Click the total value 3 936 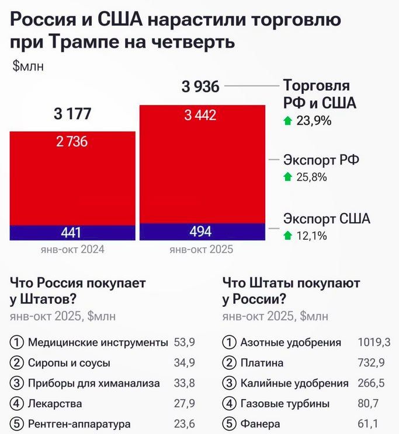(200, 87)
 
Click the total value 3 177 (72, 114)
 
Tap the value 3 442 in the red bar (200, 116)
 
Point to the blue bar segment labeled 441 (72, 233)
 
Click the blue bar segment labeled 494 (200, 232)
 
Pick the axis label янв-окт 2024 (72, 250)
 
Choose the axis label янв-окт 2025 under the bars (200, 250)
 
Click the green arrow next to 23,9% (287, 121)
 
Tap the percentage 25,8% (311, 177)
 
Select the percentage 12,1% (311, 236)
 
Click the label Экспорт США (327, 219)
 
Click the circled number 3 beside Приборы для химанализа (18, 383)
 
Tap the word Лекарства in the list (55, 404)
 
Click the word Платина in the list (262, 363)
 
